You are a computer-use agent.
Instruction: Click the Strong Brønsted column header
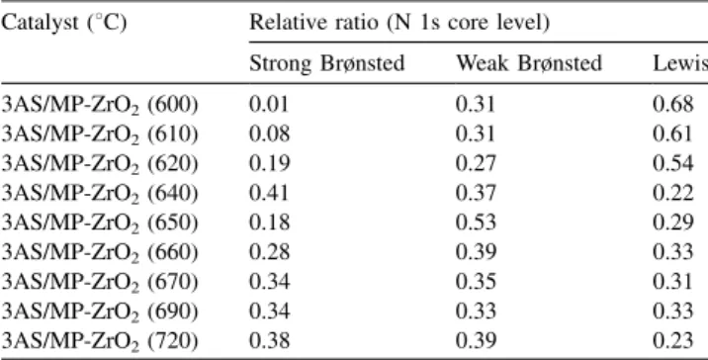[327, 63]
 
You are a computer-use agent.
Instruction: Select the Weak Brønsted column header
[529, 63]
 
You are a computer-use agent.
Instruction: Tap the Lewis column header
[680, 63]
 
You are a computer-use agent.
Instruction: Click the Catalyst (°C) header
[63, 23]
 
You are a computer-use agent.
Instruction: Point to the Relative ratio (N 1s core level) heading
[399, 23]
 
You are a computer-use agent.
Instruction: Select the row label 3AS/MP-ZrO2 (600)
[99, 105]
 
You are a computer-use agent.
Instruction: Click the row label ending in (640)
[99, 194]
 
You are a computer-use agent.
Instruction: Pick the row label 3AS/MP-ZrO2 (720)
[99, 341]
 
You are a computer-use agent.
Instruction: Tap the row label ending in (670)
[99, 282]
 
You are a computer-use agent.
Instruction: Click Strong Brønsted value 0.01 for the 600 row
[269, 105]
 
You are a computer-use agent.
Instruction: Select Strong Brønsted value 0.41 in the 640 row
[269, 193]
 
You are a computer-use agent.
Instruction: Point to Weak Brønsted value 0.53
[476, 223]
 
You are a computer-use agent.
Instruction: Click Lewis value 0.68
[672, 105]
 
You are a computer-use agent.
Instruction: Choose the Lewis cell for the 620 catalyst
[672, 163]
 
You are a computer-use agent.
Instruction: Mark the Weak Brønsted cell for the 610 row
[476, 135]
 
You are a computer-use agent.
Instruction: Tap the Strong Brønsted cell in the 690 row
[270, 312]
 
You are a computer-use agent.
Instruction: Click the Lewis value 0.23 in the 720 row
[672, 341]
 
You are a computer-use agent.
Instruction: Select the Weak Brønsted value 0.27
[476, 163]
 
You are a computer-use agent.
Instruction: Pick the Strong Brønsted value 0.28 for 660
[270, 252]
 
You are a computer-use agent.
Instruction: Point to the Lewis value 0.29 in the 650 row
[672, 223]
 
